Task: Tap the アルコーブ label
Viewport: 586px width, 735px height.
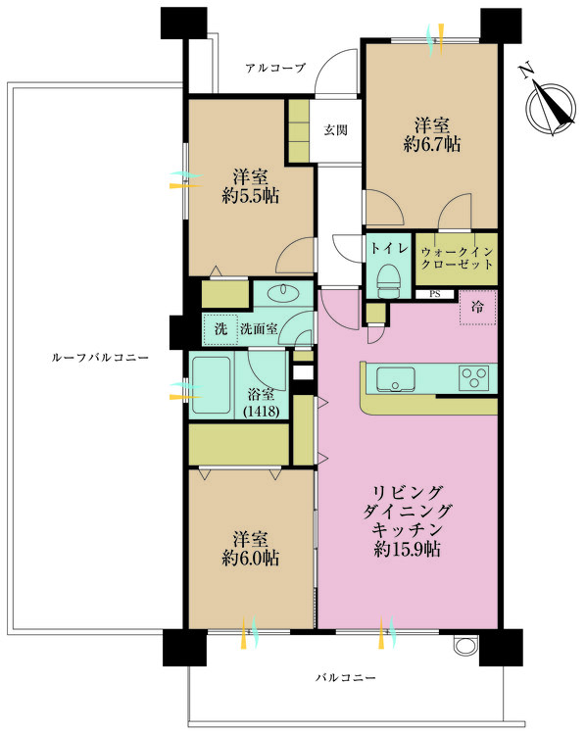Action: pos(275,69)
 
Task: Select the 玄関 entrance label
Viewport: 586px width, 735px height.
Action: pos(336,129)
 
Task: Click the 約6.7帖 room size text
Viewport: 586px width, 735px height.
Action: pos(431,144)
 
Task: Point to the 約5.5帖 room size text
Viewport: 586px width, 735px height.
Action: pos(250,196)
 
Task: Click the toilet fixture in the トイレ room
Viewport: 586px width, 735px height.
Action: pos(390,281)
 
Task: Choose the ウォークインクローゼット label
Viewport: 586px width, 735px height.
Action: pos(457,259)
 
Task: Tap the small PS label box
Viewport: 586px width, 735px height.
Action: pos(434,294)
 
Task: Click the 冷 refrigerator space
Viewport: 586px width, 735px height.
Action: pos(477,308)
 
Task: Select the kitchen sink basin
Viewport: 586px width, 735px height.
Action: pos(396,379)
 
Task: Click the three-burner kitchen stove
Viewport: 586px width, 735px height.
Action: pos(474,377)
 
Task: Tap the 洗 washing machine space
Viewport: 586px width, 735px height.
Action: pos(220,328)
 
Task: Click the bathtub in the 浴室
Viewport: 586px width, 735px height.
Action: pos(212,385)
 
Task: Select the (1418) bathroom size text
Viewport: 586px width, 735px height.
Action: pos(262,412)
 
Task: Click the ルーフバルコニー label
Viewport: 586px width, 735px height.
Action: pos(99,358)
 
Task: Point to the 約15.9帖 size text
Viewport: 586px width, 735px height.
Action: pos(407,549)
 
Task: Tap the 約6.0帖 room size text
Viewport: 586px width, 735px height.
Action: pos(250,558)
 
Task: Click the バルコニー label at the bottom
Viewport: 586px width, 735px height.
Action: pos(346,678)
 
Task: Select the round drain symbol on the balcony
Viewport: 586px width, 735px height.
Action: pos(463,645)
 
